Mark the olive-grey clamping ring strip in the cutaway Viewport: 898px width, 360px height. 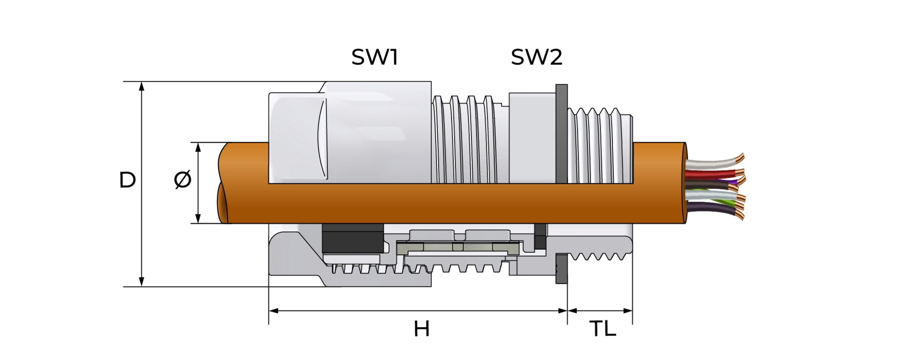[x=458, y=247]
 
